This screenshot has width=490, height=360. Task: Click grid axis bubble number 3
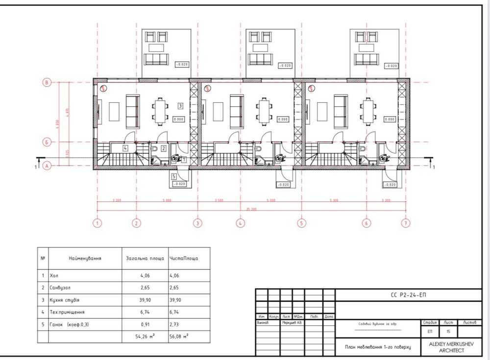point(197,223)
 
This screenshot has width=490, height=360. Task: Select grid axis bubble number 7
point(405,223)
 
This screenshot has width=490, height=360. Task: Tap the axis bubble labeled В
point(47,83)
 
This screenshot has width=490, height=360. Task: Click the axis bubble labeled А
point(47,166)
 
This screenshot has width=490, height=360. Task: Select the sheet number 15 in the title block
point(447,332)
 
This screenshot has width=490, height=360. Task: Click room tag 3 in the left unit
point(180,105)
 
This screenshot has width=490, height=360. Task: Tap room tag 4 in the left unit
point(126,147)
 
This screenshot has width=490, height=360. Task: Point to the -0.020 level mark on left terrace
point(182,65)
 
